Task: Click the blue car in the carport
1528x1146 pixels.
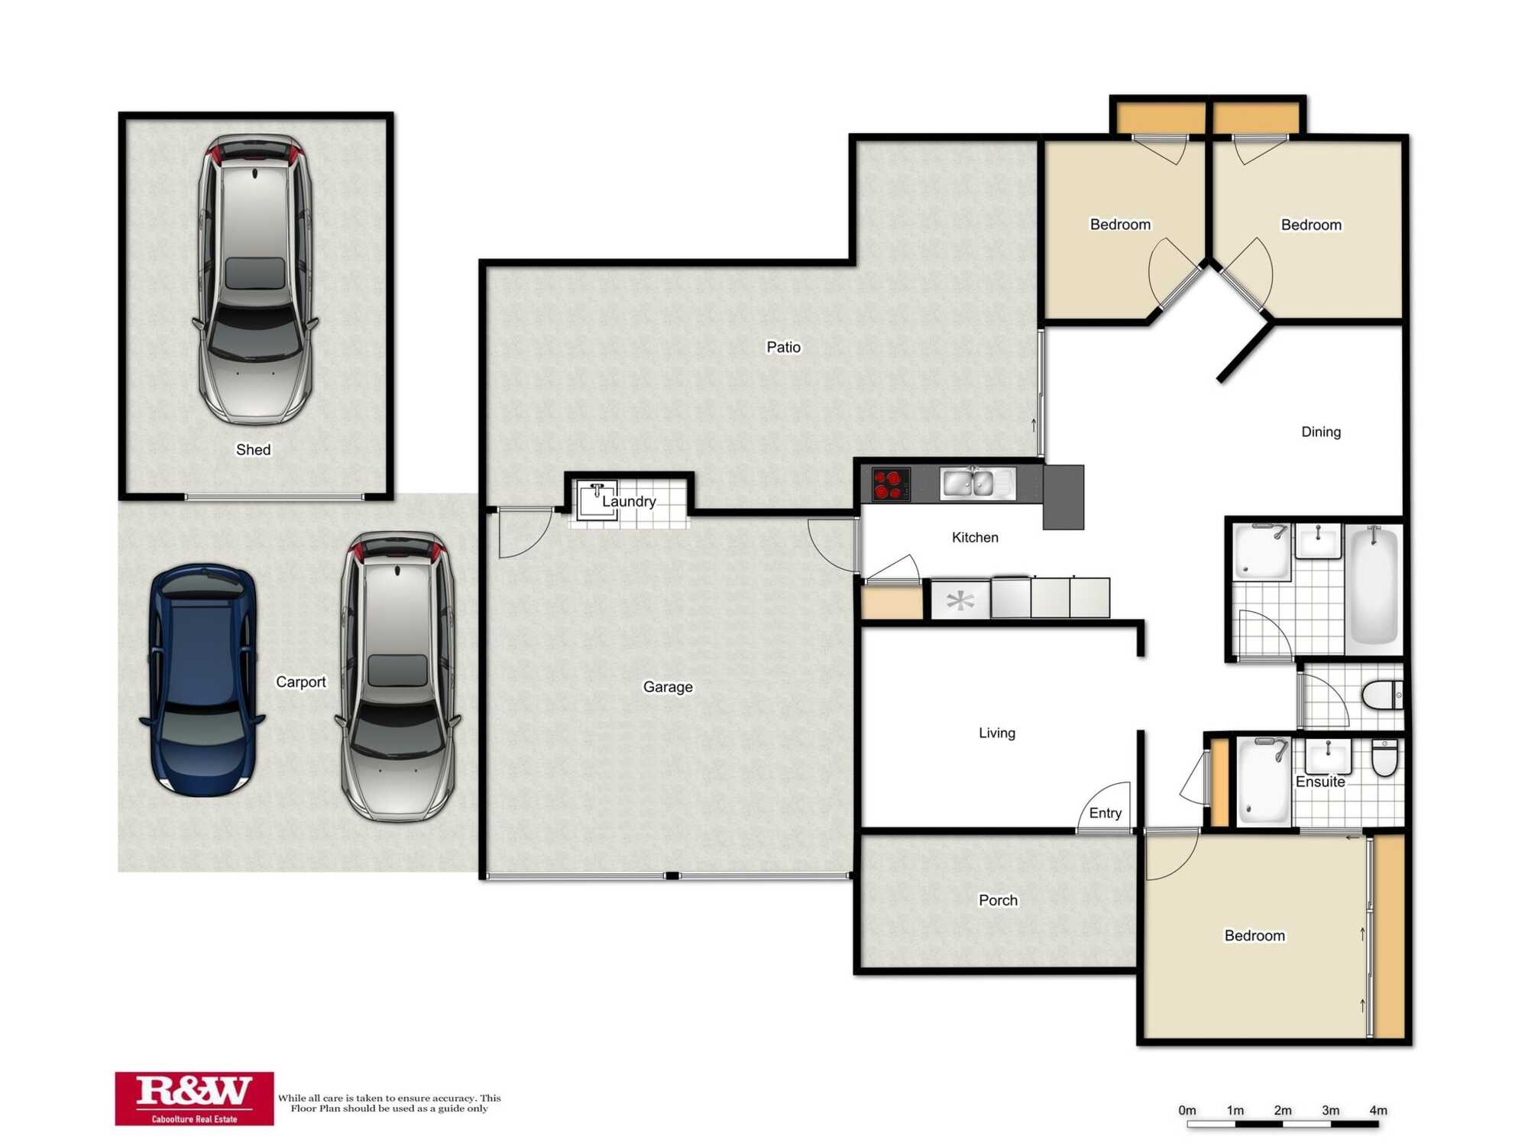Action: [x=201, y=680]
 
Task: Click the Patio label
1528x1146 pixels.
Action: [x=783, y=347]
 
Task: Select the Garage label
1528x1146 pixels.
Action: [x=668, y=687]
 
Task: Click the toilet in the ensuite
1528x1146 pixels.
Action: [x=1384, y=757]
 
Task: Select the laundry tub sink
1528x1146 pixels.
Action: [x=597, y=500]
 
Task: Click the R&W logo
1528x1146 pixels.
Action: [x=194, y=1098]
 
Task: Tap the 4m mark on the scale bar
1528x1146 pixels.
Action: [x=1378, y=1110]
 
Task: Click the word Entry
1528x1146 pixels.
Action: [x=1105, y=813]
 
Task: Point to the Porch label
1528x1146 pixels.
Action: [x=998, y=900]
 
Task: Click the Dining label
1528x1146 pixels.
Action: [x=1320, y=432]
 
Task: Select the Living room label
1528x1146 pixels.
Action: [x=997, y=733]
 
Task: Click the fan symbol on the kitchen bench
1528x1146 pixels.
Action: [x=960, y=601]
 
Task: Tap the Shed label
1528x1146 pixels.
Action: [x=253, y=449]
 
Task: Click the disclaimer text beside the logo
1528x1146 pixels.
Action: [x=389, y=1103]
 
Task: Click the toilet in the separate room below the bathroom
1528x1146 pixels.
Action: [x=1381, y=695]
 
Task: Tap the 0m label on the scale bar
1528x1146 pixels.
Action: [x=1186, y=1110]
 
